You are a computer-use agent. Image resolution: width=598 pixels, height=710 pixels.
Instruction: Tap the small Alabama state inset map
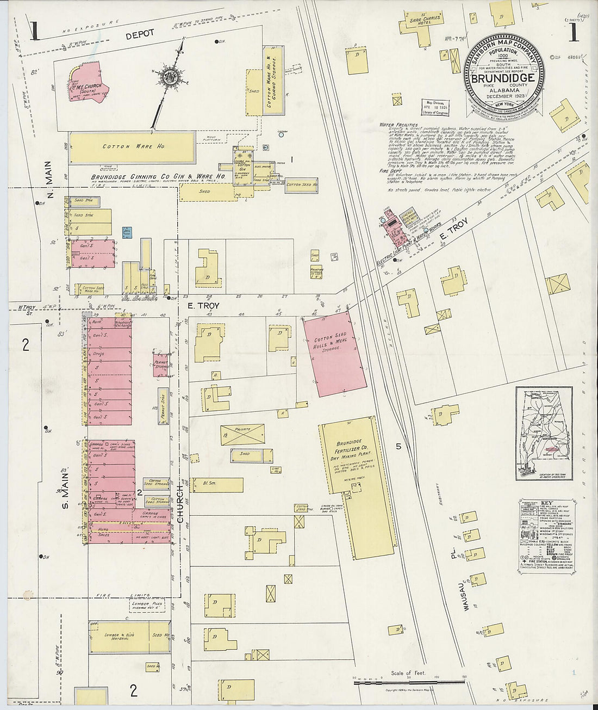[x=544, y=434]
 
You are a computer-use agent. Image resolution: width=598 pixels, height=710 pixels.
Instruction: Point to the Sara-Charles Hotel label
[x=420, y=17]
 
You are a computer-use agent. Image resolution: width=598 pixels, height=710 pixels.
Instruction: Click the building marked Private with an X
[x=242, y=434]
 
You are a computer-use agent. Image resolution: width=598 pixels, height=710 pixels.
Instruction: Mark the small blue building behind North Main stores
[x=127, y=232]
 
